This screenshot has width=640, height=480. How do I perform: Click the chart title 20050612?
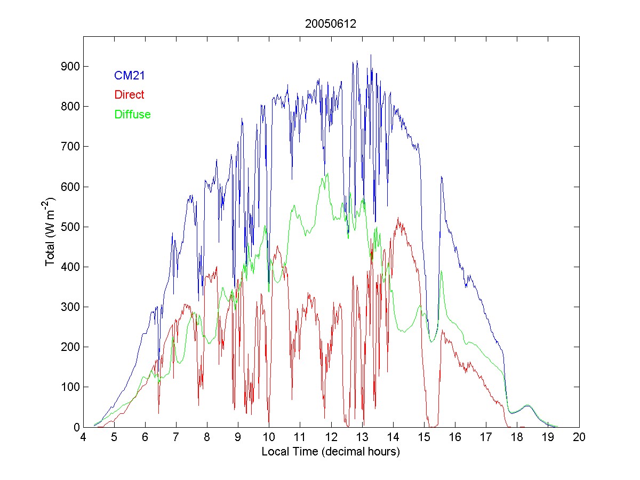(331, 24)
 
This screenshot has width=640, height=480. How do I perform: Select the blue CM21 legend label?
(130, 76)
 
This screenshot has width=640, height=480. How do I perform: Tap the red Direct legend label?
(129, 95)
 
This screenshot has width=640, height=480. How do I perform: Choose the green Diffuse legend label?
(132, 114)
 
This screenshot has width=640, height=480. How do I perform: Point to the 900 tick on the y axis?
(72, 66)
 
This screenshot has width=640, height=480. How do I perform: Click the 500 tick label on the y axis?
(72, 227)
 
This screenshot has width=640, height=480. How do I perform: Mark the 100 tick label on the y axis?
(72, 387)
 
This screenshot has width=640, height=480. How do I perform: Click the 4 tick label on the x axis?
(83, 437)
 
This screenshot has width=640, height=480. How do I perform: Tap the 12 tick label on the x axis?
(331, 437)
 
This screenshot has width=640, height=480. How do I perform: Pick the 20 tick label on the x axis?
(579, 437)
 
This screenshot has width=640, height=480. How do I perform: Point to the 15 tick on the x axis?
(424, 437)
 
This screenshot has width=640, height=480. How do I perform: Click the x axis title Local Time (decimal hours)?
(331, 452)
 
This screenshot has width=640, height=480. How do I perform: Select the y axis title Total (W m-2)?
(51, 231)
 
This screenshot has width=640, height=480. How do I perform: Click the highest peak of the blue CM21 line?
(371, 55)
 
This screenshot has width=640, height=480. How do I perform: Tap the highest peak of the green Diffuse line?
(327, 173)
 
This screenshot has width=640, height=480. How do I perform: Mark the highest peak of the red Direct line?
(398, 218)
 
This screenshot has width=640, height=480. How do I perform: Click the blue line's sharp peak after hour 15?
(441, 177)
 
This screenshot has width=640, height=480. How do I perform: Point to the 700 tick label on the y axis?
(72, 147)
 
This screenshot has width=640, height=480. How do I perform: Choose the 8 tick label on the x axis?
(207, 437)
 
